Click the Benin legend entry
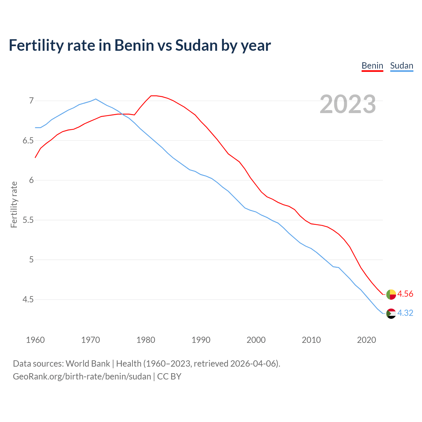(372, 66)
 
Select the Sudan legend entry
(402, 66)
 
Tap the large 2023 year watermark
(348, 104)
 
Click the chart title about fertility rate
(140, 45)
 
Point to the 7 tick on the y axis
(31, 101)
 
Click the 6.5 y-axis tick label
(28, 140)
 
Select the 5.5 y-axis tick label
(28, 220)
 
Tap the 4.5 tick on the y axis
(28, 299)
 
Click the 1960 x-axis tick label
(35, 340)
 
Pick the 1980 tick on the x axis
(146, 340)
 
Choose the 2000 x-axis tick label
(256, 340)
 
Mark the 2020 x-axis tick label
(366, 340)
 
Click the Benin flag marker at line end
(391, 294)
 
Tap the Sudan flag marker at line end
(391, 314)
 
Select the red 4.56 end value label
(405, 294)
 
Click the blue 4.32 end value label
(405, 313)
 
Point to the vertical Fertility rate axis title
(14, 204)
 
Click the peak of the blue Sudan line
(96, 99)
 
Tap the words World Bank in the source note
(88, 364)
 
